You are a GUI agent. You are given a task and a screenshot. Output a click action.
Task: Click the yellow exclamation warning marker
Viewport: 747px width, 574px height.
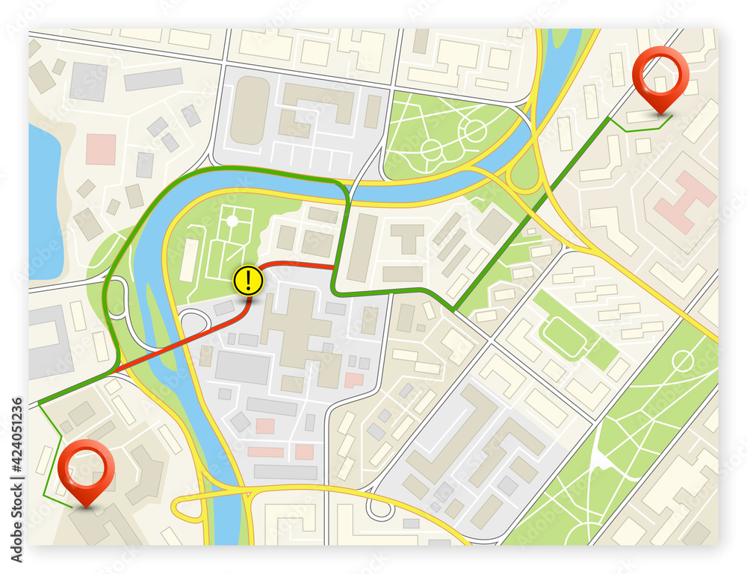[x=248, y=280]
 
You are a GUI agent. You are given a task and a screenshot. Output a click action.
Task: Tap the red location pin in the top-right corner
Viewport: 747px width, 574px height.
[x=659, y=75]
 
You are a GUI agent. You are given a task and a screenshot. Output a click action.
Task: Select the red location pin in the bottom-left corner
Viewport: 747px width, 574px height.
[x=87, y=467]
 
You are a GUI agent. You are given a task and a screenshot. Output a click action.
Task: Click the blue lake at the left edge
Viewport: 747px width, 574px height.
[x=43, y=202]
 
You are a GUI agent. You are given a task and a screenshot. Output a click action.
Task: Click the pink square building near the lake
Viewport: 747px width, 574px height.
[x=100, y=149]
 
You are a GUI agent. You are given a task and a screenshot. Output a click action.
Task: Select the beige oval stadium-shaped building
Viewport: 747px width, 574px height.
[x=249, y=110]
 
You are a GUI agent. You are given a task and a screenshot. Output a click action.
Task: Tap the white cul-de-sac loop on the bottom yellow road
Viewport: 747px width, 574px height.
[x=381, y=511]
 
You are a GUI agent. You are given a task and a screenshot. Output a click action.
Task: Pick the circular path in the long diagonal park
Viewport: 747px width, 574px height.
[x=682, y=362]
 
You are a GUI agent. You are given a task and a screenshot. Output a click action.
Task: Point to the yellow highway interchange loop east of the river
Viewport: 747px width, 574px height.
[x=523, y=179]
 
